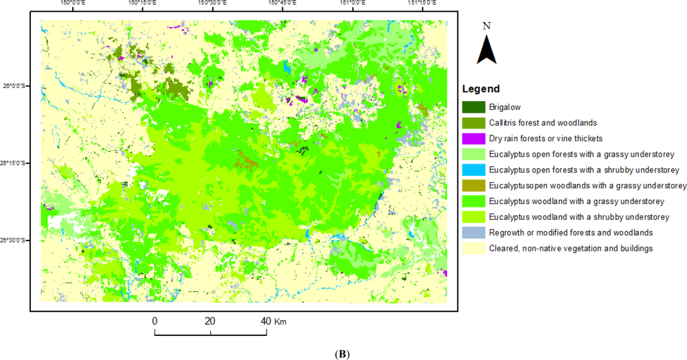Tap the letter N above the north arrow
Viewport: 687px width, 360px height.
point(486,25)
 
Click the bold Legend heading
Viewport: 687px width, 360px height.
point(480,89)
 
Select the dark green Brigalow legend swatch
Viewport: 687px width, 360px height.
point(474,107)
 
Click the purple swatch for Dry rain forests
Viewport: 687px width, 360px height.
point(474,139)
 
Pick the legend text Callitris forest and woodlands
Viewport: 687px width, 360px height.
point(538,123)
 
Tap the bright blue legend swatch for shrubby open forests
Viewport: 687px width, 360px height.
point(474,170)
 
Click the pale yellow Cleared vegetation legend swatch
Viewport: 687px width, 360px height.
point(474,248)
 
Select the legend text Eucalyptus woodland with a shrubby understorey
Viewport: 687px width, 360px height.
point(579,217)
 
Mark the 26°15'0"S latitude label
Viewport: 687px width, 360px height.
point(15,164)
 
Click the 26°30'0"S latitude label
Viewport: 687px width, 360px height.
point(15,240)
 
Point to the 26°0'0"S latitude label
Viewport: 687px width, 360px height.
point(16,87)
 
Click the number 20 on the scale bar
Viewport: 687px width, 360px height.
point(210,321)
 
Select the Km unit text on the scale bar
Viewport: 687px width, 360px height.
point(280,321)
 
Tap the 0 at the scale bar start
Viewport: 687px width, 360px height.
point(155,321)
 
